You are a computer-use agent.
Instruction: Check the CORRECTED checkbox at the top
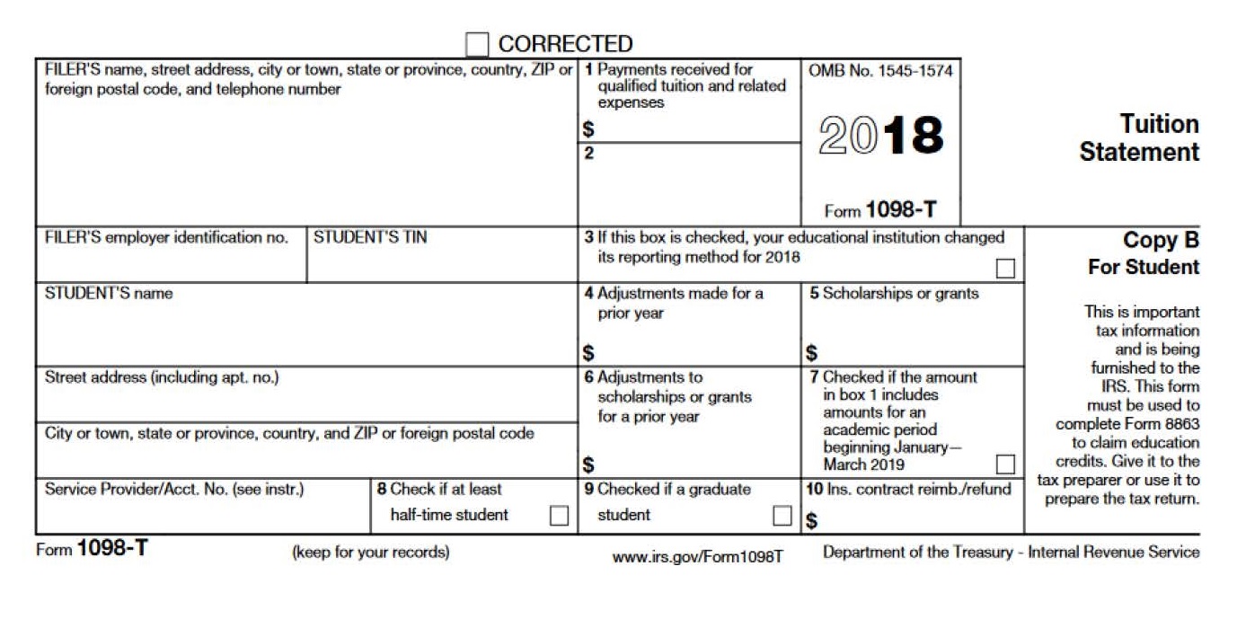coord(477,44)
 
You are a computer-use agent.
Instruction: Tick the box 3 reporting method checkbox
coord(1005,268)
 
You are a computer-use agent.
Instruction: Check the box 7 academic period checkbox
coord(1005,464)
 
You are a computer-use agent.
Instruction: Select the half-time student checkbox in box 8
coord(559,515)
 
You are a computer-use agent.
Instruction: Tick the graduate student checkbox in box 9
coord(782,515)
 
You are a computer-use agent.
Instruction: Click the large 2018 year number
coord(881,135)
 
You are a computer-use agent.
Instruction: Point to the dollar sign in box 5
coord(812,353)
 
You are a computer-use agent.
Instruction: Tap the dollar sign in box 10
coord(812,521)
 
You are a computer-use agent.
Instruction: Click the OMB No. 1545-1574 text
coord(880,71)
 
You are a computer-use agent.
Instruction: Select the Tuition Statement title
coord(1139,137)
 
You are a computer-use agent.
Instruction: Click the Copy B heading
coord(1161,241)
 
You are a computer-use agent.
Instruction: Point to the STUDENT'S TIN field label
coord(370,238)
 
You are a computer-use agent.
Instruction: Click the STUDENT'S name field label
coord(109,294)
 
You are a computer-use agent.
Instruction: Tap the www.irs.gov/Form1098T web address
coord(698,557)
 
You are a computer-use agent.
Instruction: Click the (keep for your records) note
coord(371,553)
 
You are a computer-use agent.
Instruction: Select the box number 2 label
coord(589,154)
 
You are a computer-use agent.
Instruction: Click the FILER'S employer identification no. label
coord(166,238)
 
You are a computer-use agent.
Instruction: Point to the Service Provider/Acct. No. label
coord(174,490)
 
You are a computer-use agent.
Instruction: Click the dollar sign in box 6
coord(588,465)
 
